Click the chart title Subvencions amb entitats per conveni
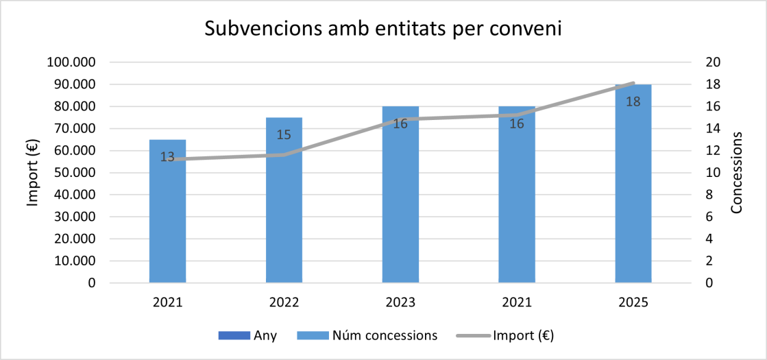click(383, 29)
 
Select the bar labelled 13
click(167, 219)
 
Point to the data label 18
click(633, 101)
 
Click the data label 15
click(284, 134)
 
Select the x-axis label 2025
click(633, 302)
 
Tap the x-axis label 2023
click(400, 302)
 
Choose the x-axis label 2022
click(284, 302)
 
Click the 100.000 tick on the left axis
click(71, 62)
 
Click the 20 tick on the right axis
click(713, 62)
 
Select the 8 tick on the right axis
click(709, 195)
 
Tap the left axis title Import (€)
click(33, 172)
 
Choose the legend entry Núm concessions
click(384, 336)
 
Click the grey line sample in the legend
click(473, 336)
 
